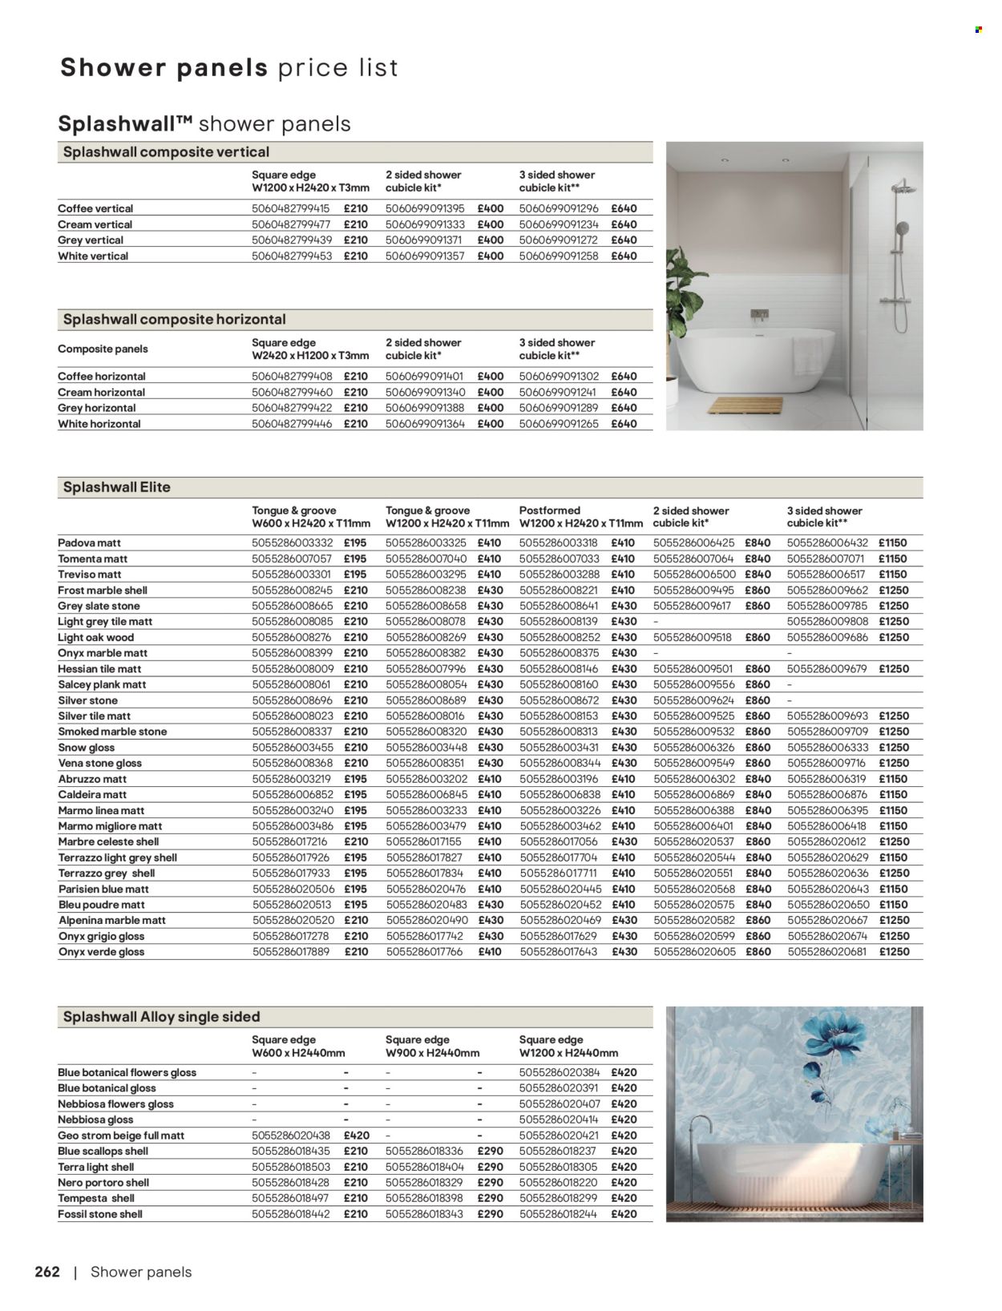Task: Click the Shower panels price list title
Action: pyautogui.click(x=228, y=67)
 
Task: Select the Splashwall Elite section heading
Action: pyautogui.click(x=116, y=487)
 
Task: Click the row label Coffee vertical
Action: pyautogui.click(x=95, y=208)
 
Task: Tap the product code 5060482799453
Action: pyautogui.click(x=291, y=256)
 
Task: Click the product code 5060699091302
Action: pyautogui.click(x=559, y=377)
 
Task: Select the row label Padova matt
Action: pyautogui.click(x=89, y=543)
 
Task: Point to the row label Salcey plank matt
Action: pyautogui.click(x=102, y=684)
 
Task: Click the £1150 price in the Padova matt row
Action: pyautogui.click(x=892, y=543)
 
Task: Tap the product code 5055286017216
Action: pyautogui.click(x=291, y=842)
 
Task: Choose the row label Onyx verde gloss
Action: pyautogui.click(x=101, y=952)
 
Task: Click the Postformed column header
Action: pyautogui.click(x=550, y=510)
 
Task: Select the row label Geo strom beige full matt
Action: pyautogui.click(x=121, y=1136)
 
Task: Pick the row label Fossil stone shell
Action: pyautogui.click(x=100, y=1214)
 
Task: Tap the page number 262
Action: pyautogui.click(x=47, y=1272)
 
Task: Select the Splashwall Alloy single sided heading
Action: pyautogui.click(x=161, y=1017)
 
